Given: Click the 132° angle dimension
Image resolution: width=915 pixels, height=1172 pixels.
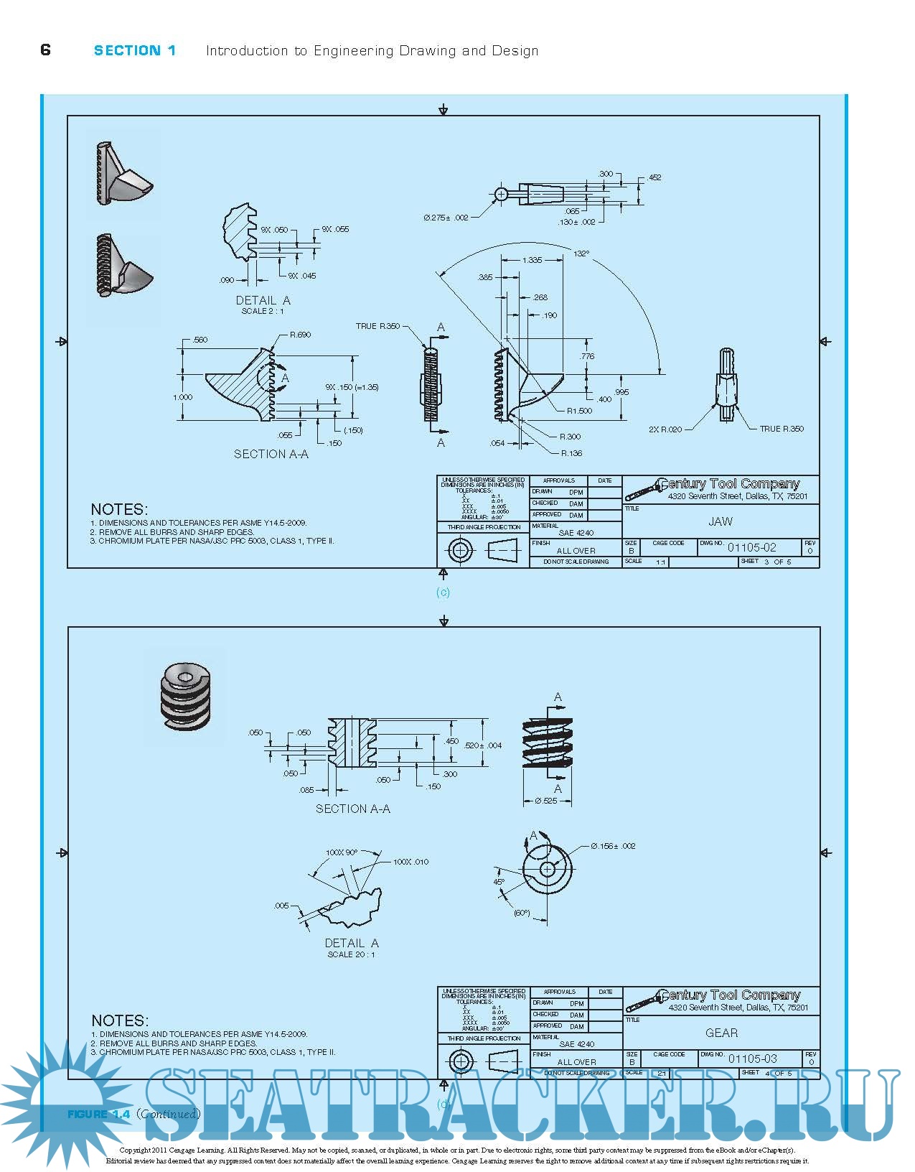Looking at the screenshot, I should (x=581, y=254).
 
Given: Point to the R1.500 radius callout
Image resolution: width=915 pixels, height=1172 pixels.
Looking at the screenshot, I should (x=579, y=411).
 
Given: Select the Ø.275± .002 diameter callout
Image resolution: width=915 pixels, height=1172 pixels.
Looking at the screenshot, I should (x=446, y=218).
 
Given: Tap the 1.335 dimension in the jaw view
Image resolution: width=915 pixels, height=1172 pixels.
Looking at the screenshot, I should (x=532, y=260).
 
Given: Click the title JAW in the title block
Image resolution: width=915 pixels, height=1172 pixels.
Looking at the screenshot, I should (x=721, y=521).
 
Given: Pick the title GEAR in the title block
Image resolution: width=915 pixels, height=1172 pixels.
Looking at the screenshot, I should (x=721, y=1033).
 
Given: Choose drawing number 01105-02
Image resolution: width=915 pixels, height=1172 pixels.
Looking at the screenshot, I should (x=751, y=547).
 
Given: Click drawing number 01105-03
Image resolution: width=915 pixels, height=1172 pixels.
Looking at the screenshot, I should (x=752, y=1059).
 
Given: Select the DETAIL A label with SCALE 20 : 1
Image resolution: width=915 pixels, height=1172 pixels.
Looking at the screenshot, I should (x=352, y=947).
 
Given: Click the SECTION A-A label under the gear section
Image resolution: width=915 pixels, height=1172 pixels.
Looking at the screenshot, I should (x=352, y=809).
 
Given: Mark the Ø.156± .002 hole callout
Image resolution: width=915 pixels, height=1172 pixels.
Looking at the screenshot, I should (x=613, y=846).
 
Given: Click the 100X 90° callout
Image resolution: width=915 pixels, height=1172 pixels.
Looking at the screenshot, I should (x=342, y=852).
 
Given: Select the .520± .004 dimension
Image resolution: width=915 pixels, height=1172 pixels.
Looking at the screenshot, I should (x=483, y=745).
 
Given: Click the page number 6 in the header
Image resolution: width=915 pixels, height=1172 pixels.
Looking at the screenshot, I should (x=46, y=50).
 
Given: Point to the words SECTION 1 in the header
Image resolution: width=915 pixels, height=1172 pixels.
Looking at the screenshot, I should (x=135, y=50).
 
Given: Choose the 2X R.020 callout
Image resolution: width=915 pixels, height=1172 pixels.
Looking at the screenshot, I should (x=665, y=429).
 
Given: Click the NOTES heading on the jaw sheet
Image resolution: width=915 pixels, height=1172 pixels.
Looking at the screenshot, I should (x=119, y=509).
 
